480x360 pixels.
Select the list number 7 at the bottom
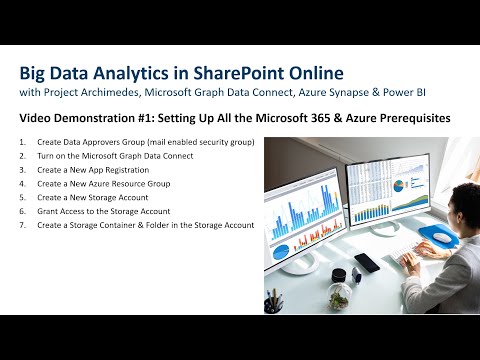tap(22, 225)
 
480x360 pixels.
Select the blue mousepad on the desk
tap(432, 236)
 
